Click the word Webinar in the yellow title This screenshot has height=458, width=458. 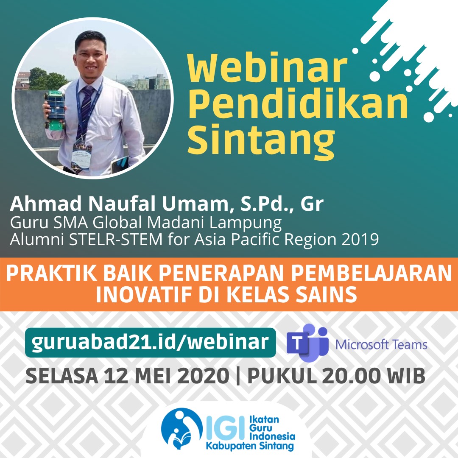(267, 68)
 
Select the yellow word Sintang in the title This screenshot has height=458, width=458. (261, 140)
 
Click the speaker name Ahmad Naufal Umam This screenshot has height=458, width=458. (119, 204)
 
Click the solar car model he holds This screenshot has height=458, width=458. (55, 110)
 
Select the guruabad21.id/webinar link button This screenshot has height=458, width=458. (151, 342)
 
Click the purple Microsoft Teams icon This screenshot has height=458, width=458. (307, 343)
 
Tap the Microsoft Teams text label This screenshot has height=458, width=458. (381, 345)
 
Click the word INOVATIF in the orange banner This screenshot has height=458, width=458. (145, 294)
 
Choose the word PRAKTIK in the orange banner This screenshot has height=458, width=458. (51, 273)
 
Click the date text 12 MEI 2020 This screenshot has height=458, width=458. (167, 376)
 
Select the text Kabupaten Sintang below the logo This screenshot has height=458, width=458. (250, 446)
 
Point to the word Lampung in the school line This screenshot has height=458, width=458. (246, 223)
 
